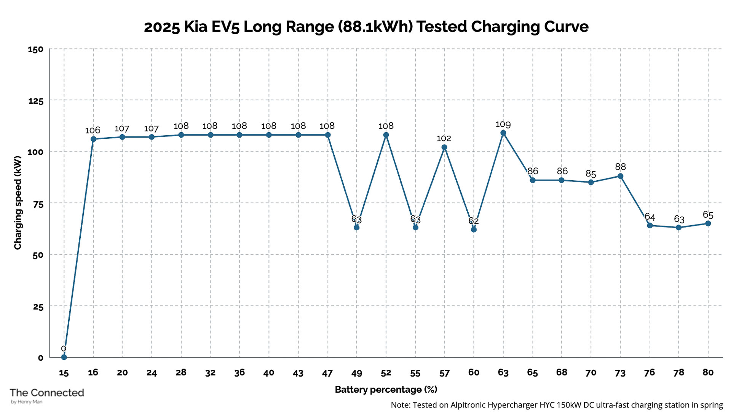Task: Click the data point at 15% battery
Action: coord(64,357)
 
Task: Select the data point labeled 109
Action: coord(503,133)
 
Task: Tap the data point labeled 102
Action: coord(444,148)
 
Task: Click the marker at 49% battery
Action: coord(356,228)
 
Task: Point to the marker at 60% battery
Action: coord(474,229)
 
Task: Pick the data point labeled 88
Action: coord(620,176)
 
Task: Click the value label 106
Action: coord(93,130)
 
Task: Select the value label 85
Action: coord(591,174)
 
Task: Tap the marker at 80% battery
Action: coord(708,223)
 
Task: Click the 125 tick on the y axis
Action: coord(36,101)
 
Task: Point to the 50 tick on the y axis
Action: coord(38,255)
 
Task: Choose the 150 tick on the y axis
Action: coord(36,49)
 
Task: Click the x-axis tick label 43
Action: coord(298,373)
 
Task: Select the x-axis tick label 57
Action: coord(444,373)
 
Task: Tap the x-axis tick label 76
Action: coord(649,372)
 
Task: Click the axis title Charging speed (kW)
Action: coord(18,203)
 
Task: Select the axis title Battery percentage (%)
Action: coord(386,390)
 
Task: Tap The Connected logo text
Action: coord(46,393)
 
